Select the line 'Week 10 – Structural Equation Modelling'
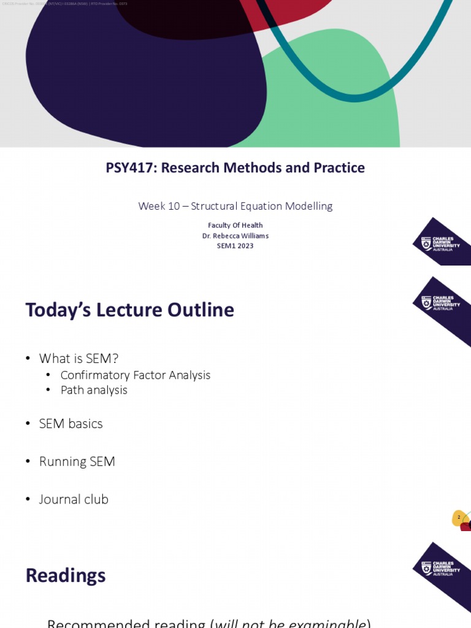(x=235, y=206)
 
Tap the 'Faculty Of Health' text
(x=235, y=226)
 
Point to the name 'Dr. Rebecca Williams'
(x=235, y=235)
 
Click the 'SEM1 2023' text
(x=235, y=246)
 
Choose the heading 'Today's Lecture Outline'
(x=129, y=310)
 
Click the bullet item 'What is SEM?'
(x=78, y=358)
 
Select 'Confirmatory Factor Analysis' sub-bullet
(x=136, y=375)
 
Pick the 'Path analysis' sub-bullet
(x=94, y=390)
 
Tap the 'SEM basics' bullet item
(x=71, y=424)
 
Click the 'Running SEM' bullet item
(x=77, y=461)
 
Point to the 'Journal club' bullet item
(x=74, y=499)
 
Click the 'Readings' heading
(x=66, y=575)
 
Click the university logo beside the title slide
(x=441, y=242)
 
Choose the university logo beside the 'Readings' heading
(x=441, y=568)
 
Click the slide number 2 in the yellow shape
(x=459, y=517)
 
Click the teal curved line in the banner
(x=354, y=96)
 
